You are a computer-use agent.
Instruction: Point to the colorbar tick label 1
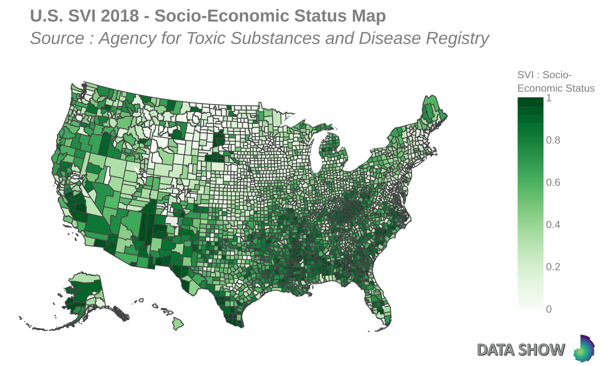click(x=549, y=98)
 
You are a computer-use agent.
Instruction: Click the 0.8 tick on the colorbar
click(x=553, y=140)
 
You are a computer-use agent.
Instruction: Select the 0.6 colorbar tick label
click(x=553, y=182)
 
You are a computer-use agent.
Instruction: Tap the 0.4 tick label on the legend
click(x=553, y=225)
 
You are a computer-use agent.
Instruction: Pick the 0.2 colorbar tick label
click(x=553, y=267)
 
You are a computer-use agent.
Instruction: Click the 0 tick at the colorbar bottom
click(x=549, y=309)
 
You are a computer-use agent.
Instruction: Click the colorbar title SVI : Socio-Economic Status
click(x=555, y=82)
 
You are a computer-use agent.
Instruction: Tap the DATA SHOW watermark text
click(x=521, y=350)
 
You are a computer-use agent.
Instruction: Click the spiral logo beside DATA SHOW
click(x=584, y=348)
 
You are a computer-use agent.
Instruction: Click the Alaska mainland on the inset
click(x=86, y=293)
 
